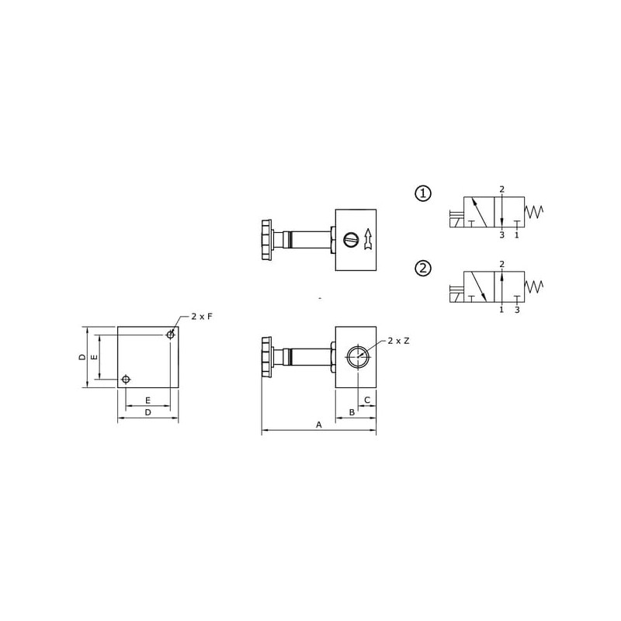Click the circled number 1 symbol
pos(423,193)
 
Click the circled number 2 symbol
pos(423,269)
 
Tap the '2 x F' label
pos(202,317)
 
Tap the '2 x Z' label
pos(398,341)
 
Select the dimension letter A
pos(319,425)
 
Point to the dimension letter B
pos(352,413)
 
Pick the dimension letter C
pos(367,400)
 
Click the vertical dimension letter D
pos(82,357)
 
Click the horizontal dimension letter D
pos(147,413)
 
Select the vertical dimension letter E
pos(95,357)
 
